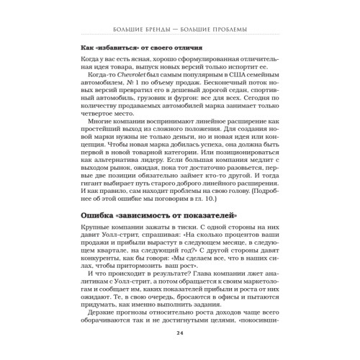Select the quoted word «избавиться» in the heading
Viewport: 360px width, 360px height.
(114, 48)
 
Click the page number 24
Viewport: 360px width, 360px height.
(179, 338)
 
